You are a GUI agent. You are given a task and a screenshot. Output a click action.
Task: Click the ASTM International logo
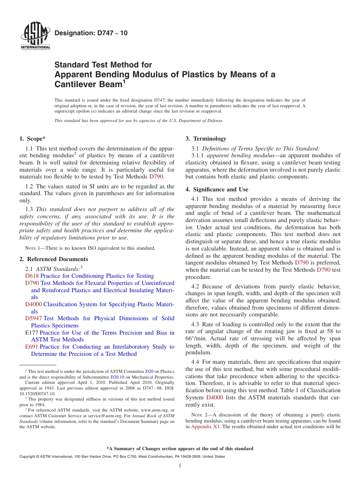pos(35,36)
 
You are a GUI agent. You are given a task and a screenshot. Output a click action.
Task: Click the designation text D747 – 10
pos(91,33)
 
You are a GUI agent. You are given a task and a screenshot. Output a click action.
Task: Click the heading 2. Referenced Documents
pos(53,259)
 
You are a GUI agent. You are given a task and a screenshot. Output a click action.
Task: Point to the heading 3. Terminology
pos(206,139)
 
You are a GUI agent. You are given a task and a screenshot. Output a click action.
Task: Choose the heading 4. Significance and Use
pos(217,189)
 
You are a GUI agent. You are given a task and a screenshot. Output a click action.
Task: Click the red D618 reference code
pos(32,276)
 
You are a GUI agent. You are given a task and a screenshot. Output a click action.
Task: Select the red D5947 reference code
pos(33,318)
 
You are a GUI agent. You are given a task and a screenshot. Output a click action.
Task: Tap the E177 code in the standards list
pos(31,333)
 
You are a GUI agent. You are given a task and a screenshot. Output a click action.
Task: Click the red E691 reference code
pos(31,347)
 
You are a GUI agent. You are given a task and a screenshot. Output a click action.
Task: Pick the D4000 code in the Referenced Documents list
pos(33,304)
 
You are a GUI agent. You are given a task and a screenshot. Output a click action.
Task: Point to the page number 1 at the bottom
pos(180,465)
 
